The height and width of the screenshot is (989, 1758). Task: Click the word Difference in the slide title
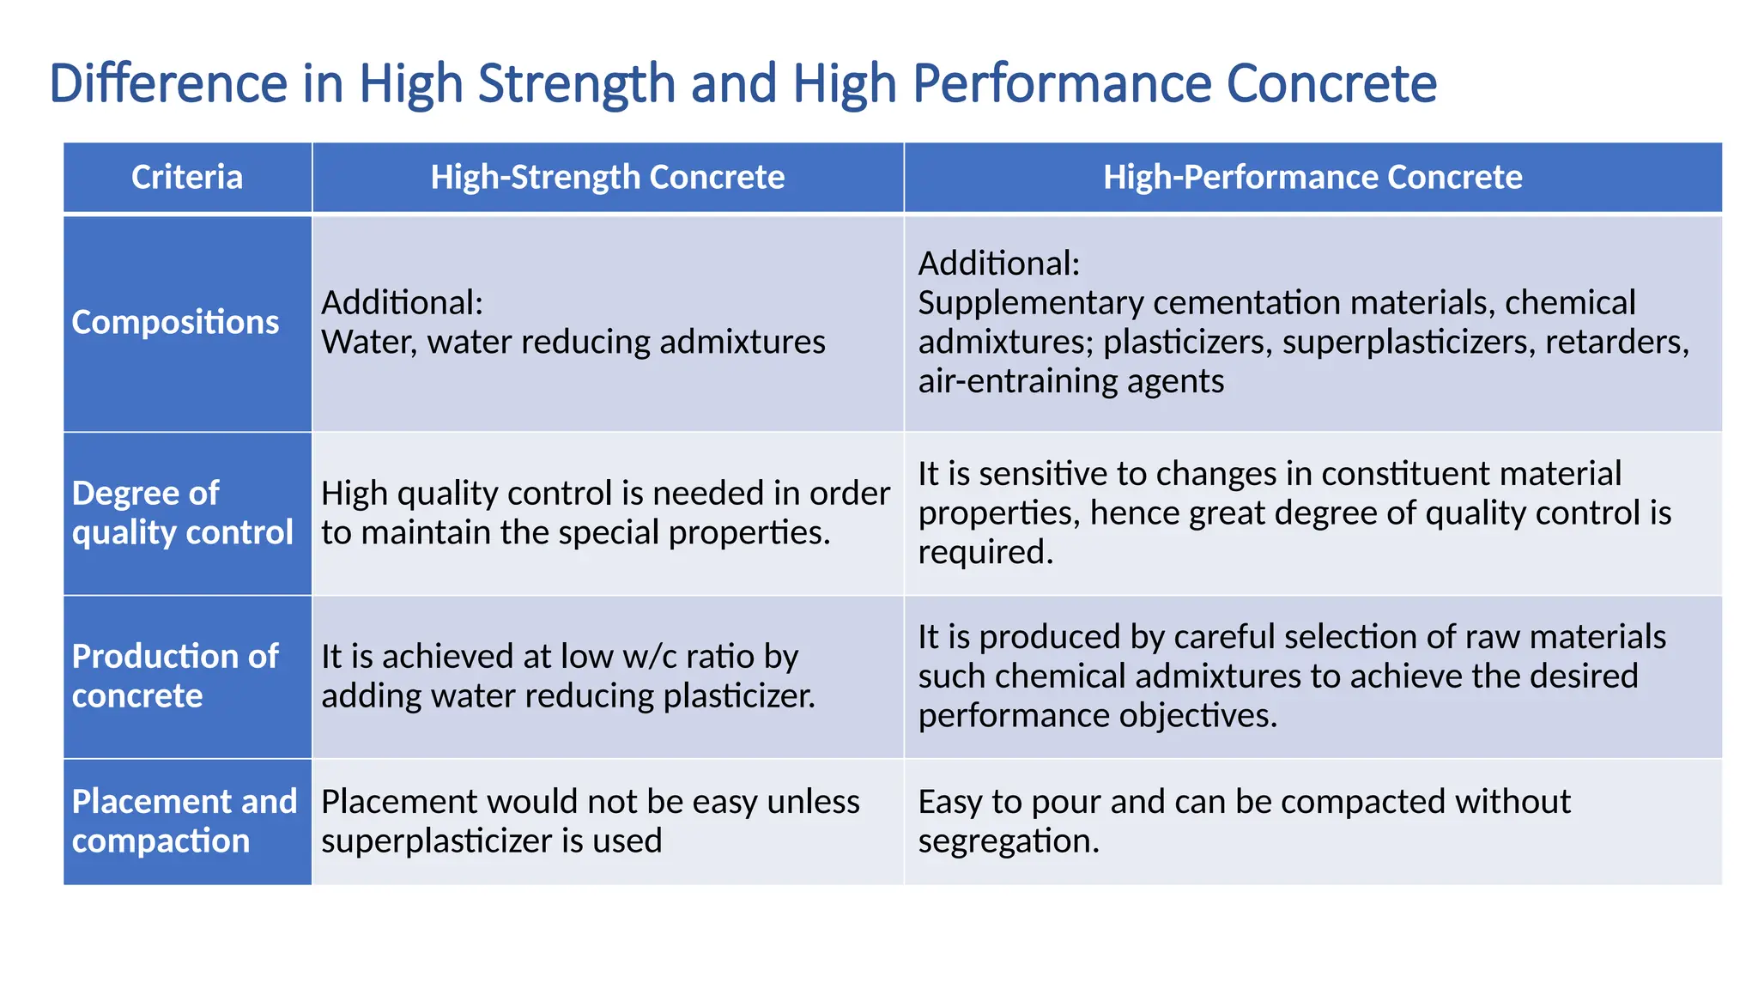click(168, 83)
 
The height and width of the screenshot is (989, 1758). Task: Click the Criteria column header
click(187, 178)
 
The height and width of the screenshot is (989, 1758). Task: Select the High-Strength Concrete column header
click(607, 178)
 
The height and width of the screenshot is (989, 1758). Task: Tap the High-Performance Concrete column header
click(1312, 178)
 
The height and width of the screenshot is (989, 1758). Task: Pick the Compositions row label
click(175, 322)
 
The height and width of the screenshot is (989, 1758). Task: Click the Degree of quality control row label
click(182, 513)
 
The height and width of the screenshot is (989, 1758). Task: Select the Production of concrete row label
click(175, 676)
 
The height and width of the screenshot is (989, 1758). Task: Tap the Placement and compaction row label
click(184, 821)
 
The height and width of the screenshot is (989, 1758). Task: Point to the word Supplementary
click(1030, 303)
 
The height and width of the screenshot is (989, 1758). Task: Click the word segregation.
click(1008, 841)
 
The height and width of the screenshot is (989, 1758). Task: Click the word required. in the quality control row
click(985, 552)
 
